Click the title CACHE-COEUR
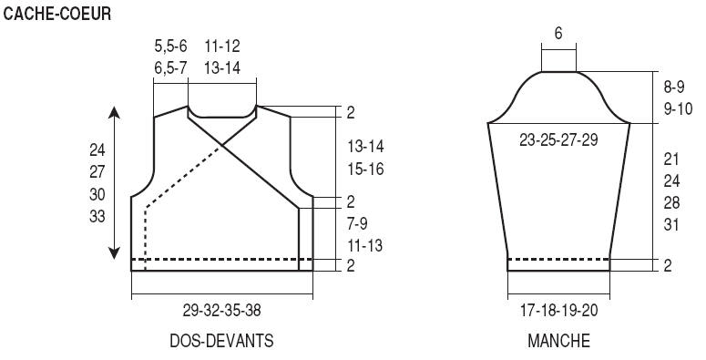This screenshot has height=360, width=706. tap(56, 14)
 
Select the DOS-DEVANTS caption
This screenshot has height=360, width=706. tap(221, 341)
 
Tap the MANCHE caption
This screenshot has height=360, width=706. tap(558, 341)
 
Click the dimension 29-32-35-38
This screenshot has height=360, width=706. tap(221, 311)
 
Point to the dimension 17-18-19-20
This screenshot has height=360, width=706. tap(559, 311)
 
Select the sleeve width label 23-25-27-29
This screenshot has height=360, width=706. tap(558, 139)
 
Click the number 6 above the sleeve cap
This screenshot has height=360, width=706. tap(558, 34)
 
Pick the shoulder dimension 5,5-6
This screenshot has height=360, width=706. tap(170, 46)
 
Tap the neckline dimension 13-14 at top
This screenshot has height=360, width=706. tap(222, 68)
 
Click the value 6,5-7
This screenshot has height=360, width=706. tap(170, 68)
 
